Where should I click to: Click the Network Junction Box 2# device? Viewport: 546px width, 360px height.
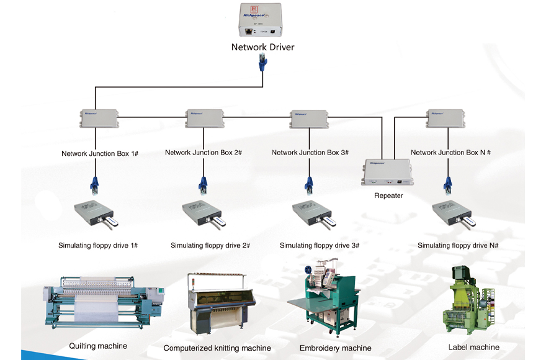(204, 117)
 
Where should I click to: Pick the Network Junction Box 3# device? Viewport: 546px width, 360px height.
(309, 117)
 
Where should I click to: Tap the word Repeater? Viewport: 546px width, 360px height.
(388, 196)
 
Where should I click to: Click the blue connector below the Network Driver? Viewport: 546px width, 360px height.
(262, 63)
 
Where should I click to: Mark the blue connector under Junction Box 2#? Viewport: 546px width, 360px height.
(203, 184)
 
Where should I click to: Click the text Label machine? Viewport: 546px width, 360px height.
(473, 347)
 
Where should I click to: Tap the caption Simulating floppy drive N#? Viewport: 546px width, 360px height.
(458, 245)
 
